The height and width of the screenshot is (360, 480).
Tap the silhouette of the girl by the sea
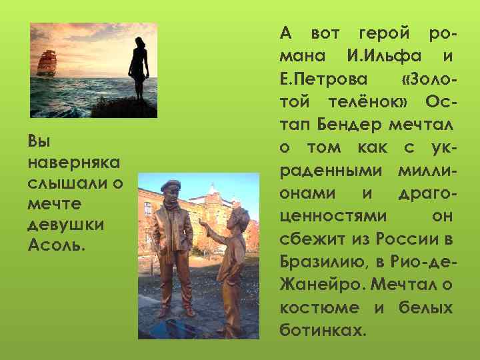139,70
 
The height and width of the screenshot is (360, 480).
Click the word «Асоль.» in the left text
57,245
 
